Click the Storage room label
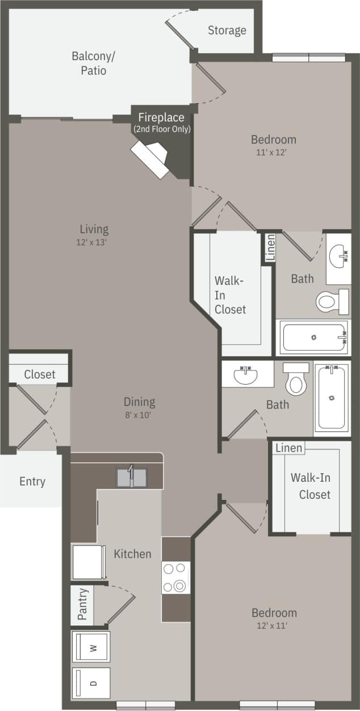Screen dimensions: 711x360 pos(227,30)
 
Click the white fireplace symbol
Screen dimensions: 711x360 pos(151,159)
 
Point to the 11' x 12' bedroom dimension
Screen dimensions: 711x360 pos(274,152)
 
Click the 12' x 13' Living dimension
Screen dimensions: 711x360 pos(94,242)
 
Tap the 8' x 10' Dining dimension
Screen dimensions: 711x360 pos(139,415)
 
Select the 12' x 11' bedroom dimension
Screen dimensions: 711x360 pos(274,626)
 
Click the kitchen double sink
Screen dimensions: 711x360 pos(131,477)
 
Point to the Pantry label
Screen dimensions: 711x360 pos(82,604)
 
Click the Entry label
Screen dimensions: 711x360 pos(32,481)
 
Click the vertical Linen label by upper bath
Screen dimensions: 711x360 pos(270,248)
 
